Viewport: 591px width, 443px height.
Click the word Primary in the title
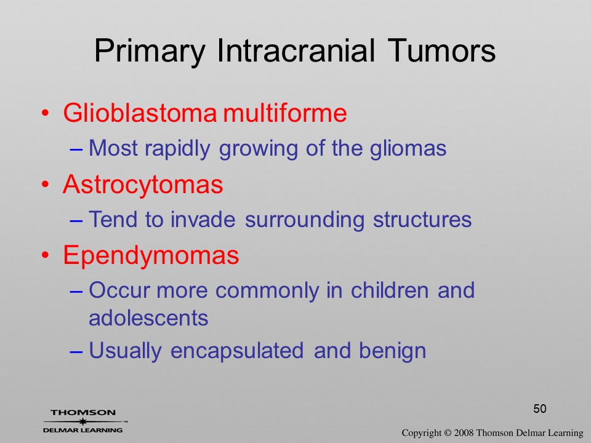coord(150,52)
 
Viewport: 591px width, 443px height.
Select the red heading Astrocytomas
coord(143,185)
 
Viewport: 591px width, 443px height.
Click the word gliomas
coord(408,148)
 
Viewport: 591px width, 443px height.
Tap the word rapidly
coord(177,149)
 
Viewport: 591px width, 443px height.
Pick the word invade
coord(203,219)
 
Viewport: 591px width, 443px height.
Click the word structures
coord(422,219)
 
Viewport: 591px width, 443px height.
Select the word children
coord(389,290)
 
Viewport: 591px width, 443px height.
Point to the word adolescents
coord(148,318)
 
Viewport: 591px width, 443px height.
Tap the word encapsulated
coord(237,351)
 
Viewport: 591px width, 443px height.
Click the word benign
coord(392,351)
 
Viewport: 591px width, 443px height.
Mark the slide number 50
coord(540,409)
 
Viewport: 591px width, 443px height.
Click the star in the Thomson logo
coord(83,421)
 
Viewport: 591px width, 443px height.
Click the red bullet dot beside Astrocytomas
coord(45,185)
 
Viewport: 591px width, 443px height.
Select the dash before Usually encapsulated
coord(76,352)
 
